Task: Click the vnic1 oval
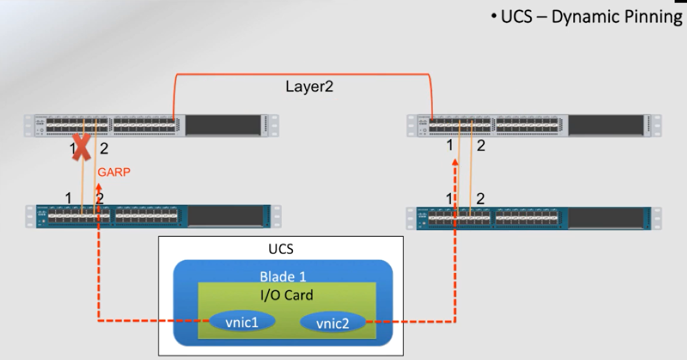(x=242, y=321)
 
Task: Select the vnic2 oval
(x=332, y=323)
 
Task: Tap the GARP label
(x=114, y=172)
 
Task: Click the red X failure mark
(x=81, y=147)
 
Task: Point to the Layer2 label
(x=309, y=87)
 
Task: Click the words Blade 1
(x=283, y=276)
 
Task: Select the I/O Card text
(x=286, y=295)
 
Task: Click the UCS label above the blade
(x=281, y=249)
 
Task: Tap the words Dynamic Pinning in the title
(x=617, y=17)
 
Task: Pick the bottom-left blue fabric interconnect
(x=153, y=216)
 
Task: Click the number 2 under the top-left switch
(x=104, y=149)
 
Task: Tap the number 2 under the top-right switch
(x=481, y=146)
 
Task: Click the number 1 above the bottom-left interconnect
(x=68, y=198)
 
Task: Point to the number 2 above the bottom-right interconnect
(x=480, y=198)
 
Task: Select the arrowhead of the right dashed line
(x=455, y=162)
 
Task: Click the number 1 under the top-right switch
(x=450, y=145)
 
